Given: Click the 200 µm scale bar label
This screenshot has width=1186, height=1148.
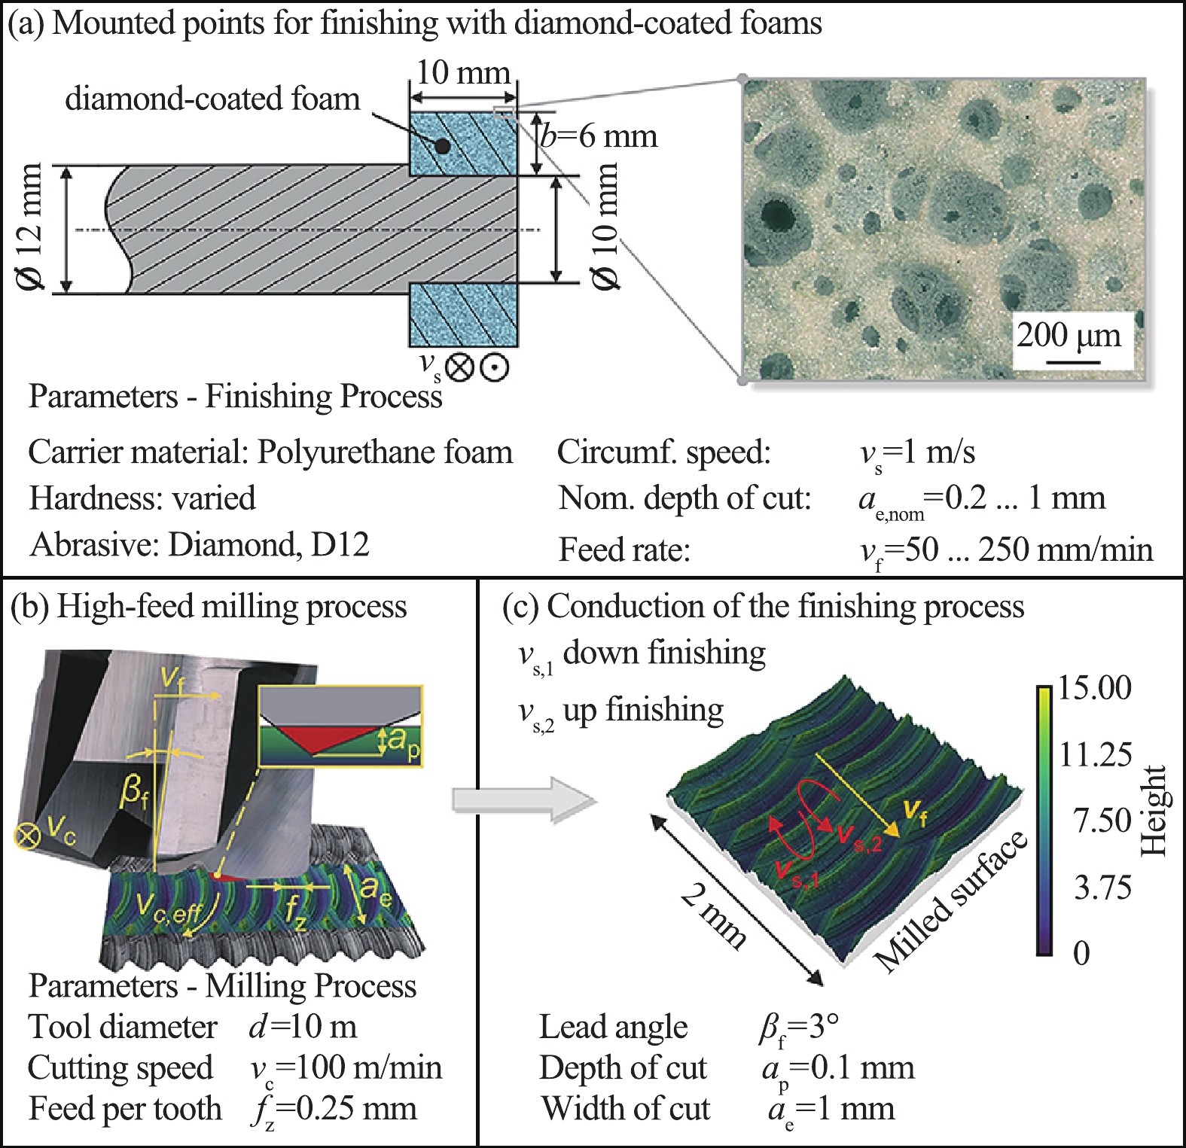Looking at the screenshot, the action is (x=1069, y=335).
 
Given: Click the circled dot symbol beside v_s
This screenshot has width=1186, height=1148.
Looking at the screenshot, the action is (x=494, y=367).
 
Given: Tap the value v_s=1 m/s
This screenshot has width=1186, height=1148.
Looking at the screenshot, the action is (x=917, y=453).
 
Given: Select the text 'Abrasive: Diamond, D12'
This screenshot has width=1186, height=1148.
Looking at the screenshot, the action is (x=200, y=544).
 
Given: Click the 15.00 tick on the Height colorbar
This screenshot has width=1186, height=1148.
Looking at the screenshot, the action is (x=1094, y=687).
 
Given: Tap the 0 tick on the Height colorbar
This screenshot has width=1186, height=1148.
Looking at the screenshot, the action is (x=1081, y=953).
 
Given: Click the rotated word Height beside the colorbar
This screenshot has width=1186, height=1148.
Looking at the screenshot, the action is (x=1153, y=811).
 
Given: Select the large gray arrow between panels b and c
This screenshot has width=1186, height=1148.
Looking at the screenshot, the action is (x=525, y=799).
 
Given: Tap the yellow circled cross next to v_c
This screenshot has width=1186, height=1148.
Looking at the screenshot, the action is (x=29, y=836).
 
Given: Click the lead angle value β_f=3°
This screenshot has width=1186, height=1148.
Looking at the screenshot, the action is (x=799, y=1028).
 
